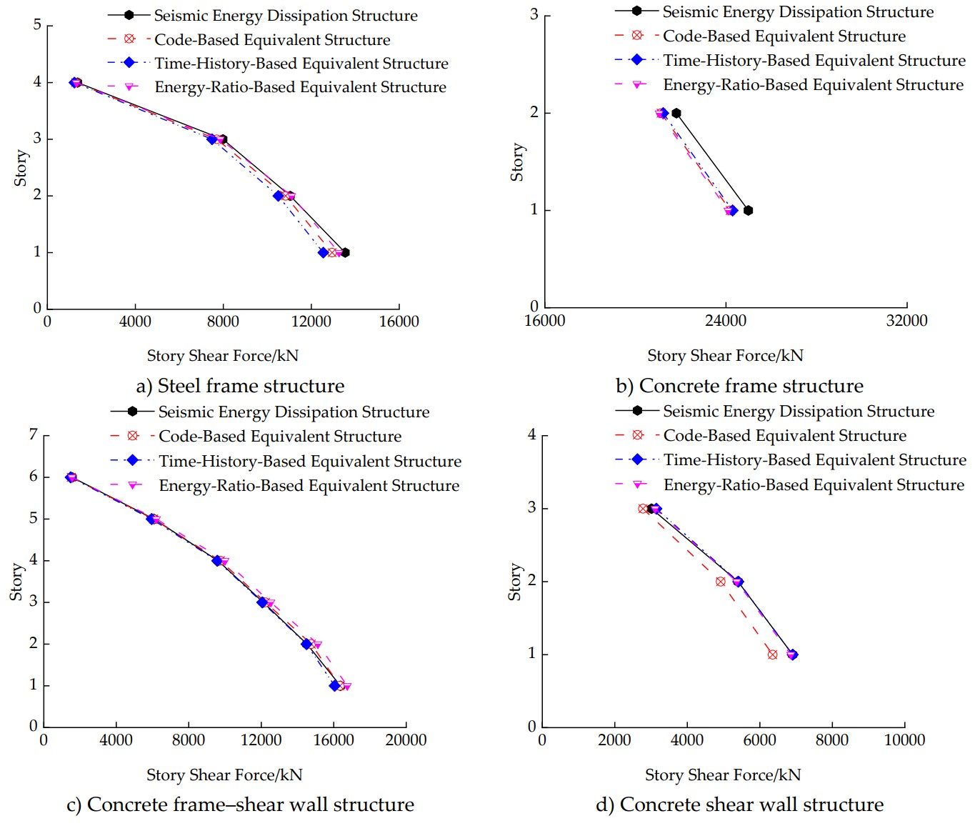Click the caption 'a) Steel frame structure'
tap(240, 387)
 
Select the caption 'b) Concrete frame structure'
tap(739, 387)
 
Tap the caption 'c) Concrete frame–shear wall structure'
tap(240, 805)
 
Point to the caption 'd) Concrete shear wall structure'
tap(739, 805)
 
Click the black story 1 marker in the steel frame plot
tap(345, 253)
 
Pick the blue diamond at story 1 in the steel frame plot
tap(323, 253)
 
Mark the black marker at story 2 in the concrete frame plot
tap(676, 114)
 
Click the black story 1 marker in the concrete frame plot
tap(748, 211)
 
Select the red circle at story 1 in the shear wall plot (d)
tap(772, 655)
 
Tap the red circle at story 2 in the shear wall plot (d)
tap(720, 582)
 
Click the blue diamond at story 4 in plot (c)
tap(217, 561)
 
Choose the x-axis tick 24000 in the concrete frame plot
tap(726, 321)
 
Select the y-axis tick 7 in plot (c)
tap(34, 435)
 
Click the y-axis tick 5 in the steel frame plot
tap(37, 26)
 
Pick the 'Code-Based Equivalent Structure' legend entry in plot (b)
tap(784, 36)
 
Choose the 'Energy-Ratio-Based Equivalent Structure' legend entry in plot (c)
tap(309, 486)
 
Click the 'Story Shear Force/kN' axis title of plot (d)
tap(723, 775)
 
